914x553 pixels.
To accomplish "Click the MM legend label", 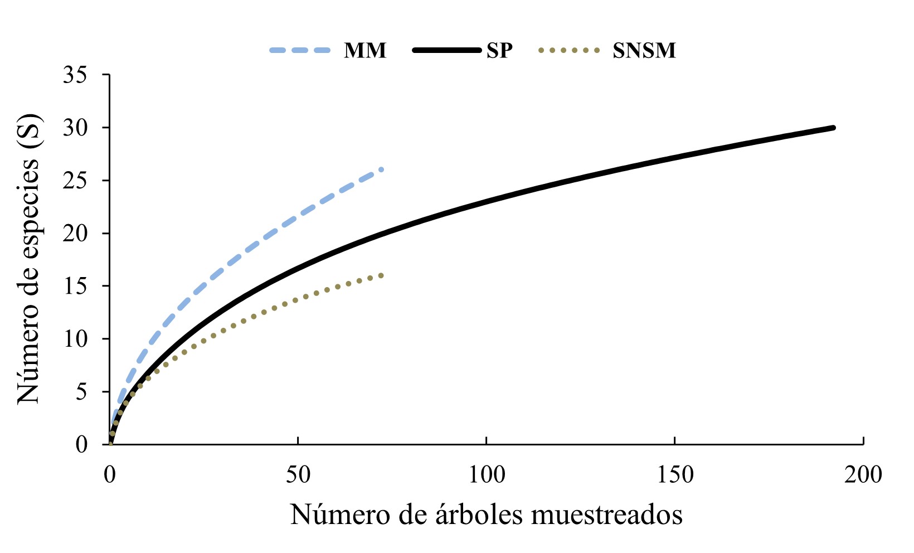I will tap(365, 51).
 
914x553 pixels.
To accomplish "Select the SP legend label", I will tap(499, 51).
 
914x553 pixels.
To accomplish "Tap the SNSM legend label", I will tap(644, 51).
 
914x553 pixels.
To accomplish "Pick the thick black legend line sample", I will tap(446, 50).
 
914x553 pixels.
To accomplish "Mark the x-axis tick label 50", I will tap(298, 475).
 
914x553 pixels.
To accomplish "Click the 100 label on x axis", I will tap(487, 475).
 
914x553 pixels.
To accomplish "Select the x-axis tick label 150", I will tap(675, 475).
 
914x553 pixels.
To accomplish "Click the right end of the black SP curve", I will tap(834, 128).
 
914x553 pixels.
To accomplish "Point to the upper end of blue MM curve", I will tap(382, 169).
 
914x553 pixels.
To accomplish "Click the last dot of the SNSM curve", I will tap(382, 275).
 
